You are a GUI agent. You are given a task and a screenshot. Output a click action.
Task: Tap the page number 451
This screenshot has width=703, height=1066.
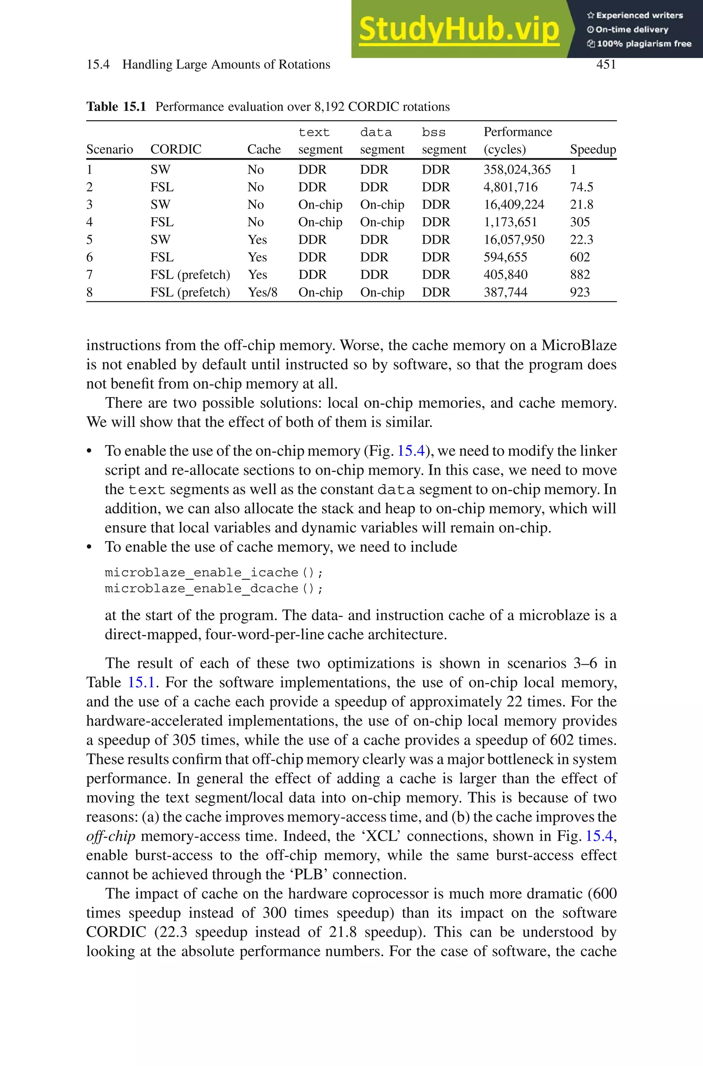pyautogui.click(x=606, y=65)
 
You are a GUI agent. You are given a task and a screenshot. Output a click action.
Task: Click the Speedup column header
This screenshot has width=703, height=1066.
pyautogui.click(x=593, y=149)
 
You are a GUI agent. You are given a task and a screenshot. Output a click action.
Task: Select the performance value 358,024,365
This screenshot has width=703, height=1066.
pyautogui.click(x=517, y=170)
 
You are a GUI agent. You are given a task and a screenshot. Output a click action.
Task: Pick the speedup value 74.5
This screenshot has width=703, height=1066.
pyautogui.click(x=581, y=187)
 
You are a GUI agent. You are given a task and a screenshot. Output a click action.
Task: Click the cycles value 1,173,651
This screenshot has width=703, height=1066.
pyautogui.click(x=510, y=222)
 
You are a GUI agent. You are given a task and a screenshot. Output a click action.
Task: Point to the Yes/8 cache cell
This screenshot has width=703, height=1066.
pyautogui.click(x=263, y=292)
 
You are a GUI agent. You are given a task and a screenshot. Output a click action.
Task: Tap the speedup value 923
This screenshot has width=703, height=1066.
pyautogui.click(x=579, y=292)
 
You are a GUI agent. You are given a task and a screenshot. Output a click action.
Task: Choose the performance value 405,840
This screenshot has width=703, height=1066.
pyautogui.click(x=505, y=275)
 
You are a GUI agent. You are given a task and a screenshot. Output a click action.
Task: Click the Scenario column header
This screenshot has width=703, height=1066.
pyautogui.click(x=110, y=149)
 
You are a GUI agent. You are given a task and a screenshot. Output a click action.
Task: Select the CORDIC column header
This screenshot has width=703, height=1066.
pyautogui.click(x=176, y=149)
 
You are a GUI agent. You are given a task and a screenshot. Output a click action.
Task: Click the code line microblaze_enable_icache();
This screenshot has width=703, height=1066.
pyautogui.click(x=214, y=572)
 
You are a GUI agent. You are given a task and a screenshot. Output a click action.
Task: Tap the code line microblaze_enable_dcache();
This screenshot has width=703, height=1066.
pyautogui.click(x=214, y=588)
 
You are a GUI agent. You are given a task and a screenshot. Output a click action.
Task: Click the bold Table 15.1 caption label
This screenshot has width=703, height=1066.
pyautogui.click(x=116, y=107)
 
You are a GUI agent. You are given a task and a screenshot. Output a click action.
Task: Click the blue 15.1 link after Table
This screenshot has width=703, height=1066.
pyautogui.click(x=141, y=682)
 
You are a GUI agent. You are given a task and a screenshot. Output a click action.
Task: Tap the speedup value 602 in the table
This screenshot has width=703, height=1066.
pyautogui.click(x=579, y=257)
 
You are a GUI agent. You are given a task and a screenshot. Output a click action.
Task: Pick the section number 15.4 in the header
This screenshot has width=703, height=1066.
pyautogui.click(x=98, y=65)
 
